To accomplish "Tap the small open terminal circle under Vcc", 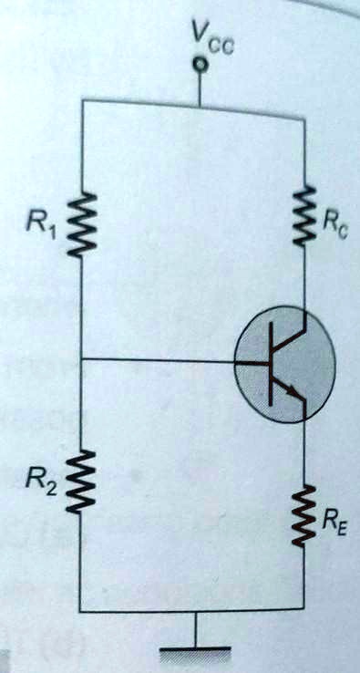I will click(x=198, y=66).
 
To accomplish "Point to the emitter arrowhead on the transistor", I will click(x=294, y=393).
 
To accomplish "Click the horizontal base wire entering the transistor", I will click(x=164, y=362).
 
